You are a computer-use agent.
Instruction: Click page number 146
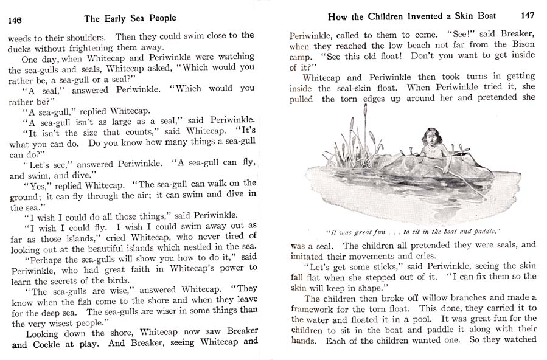(x=15, y=20)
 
